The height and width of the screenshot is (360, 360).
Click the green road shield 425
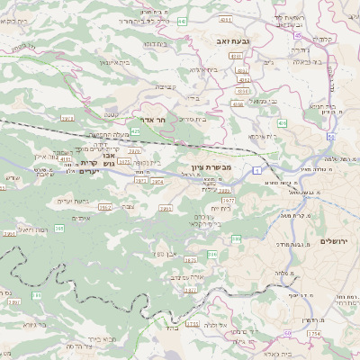(x=135, y=131)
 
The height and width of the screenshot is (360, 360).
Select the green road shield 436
(x=282, y=122)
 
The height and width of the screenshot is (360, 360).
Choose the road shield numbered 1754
(x=314, y=333)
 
